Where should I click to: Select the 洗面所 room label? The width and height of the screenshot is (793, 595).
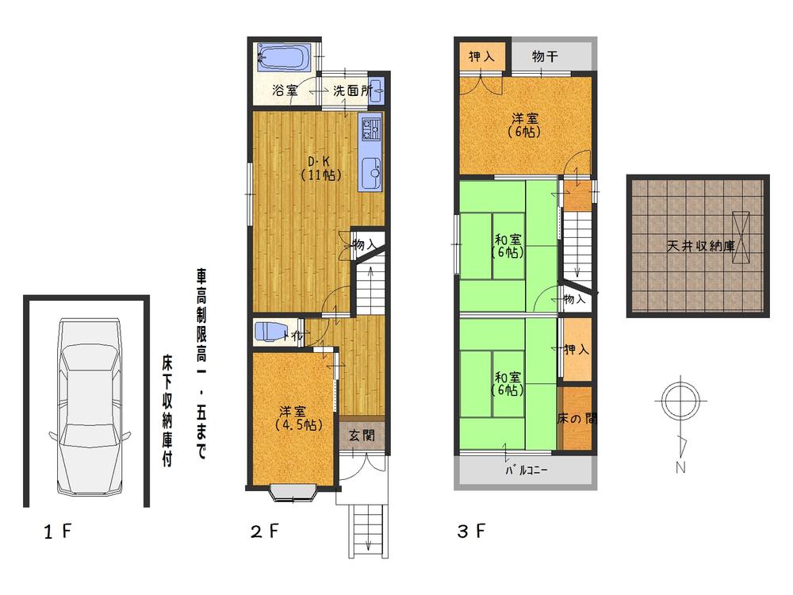[351, 90]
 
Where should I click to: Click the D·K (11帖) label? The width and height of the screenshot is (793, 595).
[320, 169]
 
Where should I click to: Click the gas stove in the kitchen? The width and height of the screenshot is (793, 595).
[370, 127]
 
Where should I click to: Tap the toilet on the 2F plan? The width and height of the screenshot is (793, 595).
[269, 332]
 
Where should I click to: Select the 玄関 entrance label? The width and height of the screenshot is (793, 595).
[362, 435]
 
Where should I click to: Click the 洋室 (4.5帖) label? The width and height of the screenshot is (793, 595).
[293, 418]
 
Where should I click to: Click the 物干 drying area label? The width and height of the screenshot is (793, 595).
[544, 56]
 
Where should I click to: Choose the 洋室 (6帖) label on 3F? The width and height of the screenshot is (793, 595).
[524, 125]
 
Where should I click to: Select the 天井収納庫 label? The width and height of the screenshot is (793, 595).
[699, 247]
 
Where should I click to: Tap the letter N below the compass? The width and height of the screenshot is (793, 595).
[680, 467]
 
